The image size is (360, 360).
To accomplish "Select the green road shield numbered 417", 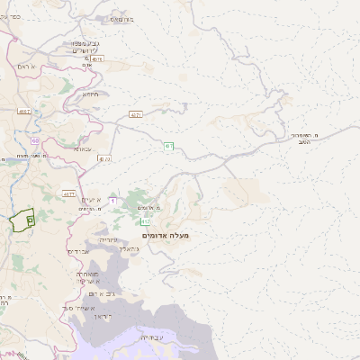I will (145, 220).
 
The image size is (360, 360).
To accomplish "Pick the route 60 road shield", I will (34, 141).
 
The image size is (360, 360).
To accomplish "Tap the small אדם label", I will (87, 65).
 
